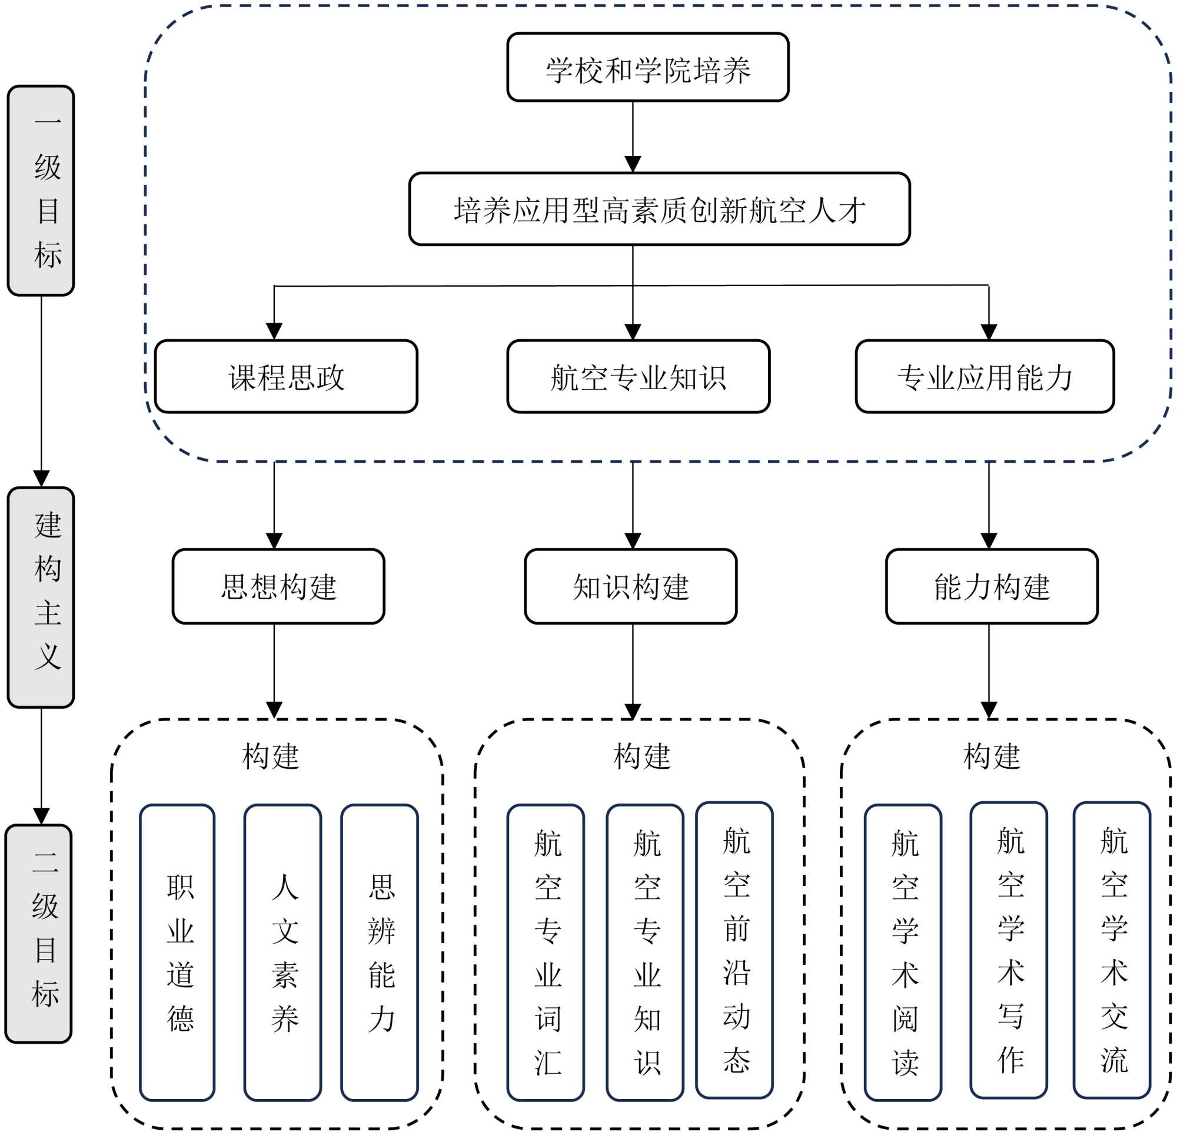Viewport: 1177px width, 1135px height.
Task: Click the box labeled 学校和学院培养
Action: pyautogui.click(x=647, y=67)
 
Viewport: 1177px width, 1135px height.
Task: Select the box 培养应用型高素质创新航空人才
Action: pyautogui.click(x=659, y=209)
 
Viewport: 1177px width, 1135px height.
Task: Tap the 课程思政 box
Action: pyautogui.click(x=286, y=377)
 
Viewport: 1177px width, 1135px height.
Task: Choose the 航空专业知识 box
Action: pyautogui.click(x=638, y=377)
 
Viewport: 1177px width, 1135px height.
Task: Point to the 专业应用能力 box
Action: pyautogui.click(x=984, y=377)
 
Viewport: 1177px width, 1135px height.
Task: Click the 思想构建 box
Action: pyautogui.click(x=278, y=586)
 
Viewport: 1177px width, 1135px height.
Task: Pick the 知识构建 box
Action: pyautogui.click(x=630, y=586)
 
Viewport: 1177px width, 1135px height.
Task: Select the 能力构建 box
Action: pyautogui.click(x=992, y=586)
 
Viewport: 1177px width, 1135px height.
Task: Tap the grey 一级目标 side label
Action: pyautogui.click(x=41, y=191)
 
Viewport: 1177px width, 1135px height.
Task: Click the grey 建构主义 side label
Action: pyautogui.click(x=41, y=598)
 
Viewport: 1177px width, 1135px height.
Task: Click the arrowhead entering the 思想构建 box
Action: pyautogui.click(x=274, y=541)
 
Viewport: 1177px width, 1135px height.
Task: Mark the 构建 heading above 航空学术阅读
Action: pyautogui.click(x=992, y=756)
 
